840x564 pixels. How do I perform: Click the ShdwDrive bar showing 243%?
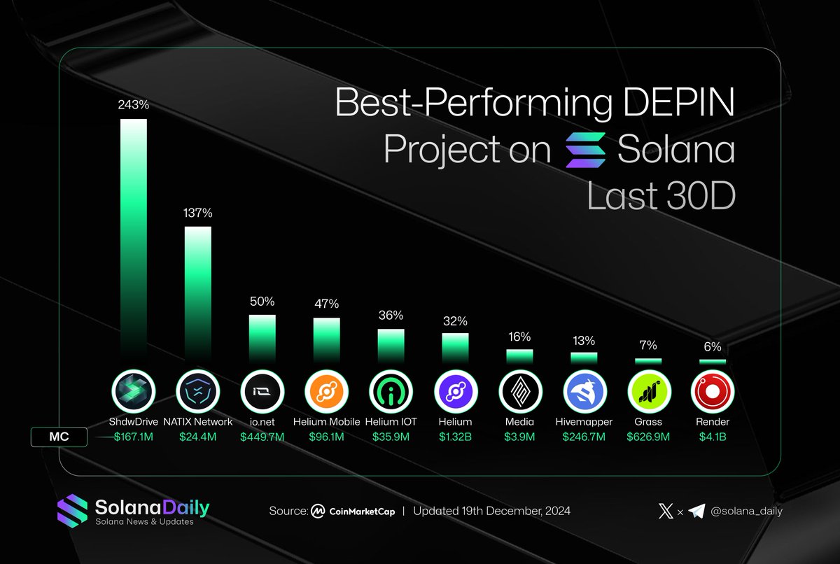[134, 238]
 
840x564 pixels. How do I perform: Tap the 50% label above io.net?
[262, 302]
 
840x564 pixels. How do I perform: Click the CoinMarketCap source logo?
[318, 511]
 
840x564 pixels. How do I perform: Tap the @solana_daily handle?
[746, 511]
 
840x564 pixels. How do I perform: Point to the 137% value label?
[198, 213]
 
